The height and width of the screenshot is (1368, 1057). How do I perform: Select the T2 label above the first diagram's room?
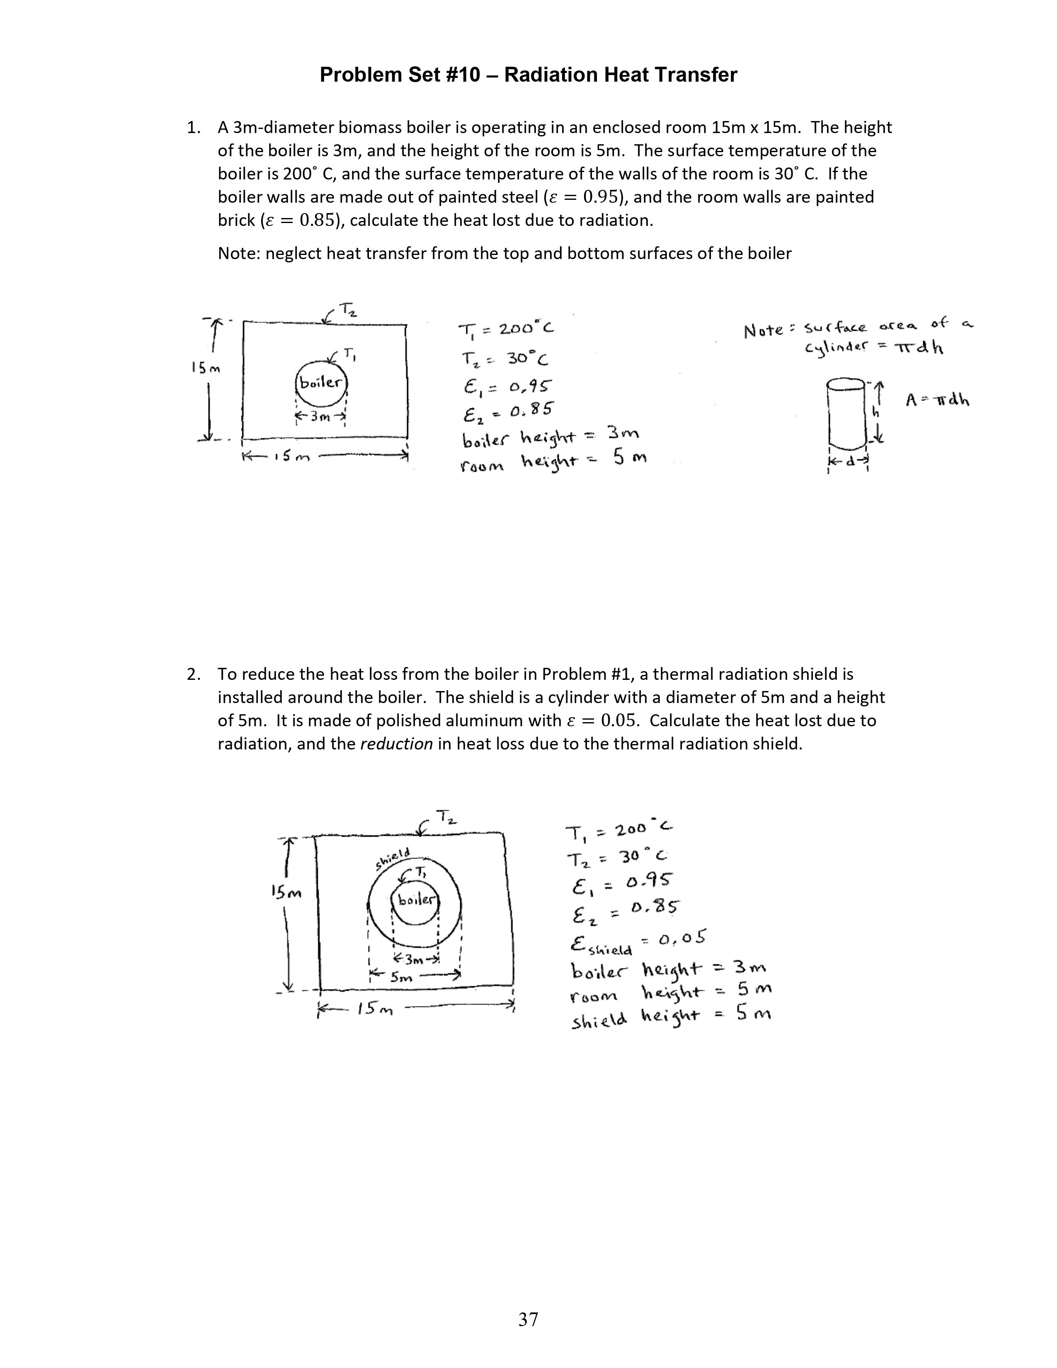348,309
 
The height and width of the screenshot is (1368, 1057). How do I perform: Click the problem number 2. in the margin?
194,674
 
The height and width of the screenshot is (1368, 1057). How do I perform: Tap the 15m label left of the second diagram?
286,892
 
